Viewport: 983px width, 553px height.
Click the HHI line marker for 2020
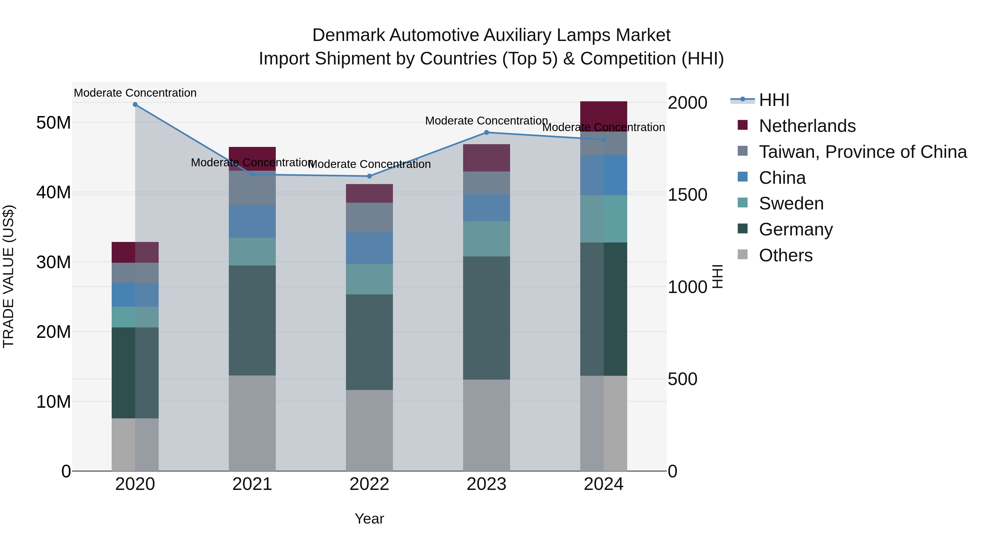pyautogui.click(x=135, y=105)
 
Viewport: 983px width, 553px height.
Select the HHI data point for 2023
pyautogui.click(x=486, y=132)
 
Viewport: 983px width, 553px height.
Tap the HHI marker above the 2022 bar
pyautogui.click(x=369, y=176)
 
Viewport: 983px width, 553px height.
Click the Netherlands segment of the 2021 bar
pyautogui.click(x=252, y=153)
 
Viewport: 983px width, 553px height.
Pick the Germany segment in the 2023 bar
pyautogui.click(x=486, y=318)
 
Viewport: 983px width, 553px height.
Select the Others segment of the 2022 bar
pyautogui.click(x=369, y=430)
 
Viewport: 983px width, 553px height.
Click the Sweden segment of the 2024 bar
pyautogui.click(x=603, y=219)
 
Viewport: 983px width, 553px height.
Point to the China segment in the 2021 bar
pyautogui.click(x=252, y=221)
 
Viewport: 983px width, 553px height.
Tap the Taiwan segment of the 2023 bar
pyautogui.click(x=486, y=183)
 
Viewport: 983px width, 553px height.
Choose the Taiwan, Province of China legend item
pyautogui.click(x=862, y=152)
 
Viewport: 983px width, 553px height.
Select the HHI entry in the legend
pyautogui.click(x=774, y=100)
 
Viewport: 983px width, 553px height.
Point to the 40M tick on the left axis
pyautogui.click(x=54, y=192)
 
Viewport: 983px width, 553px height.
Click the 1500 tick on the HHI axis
pyautogui.click(x=687, y=195)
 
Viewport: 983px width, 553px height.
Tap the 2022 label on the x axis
pyautogui.click(x=369, y=484)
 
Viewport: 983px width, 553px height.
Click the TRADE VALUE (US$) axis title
pyautogui.click(x=8, y=276)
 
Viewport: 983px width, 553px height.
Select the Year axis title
pyautogui.click(x=369, y=519)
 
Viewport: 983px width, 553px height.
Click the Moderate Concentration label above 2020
pyautogui.click(x=135, y=93)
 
